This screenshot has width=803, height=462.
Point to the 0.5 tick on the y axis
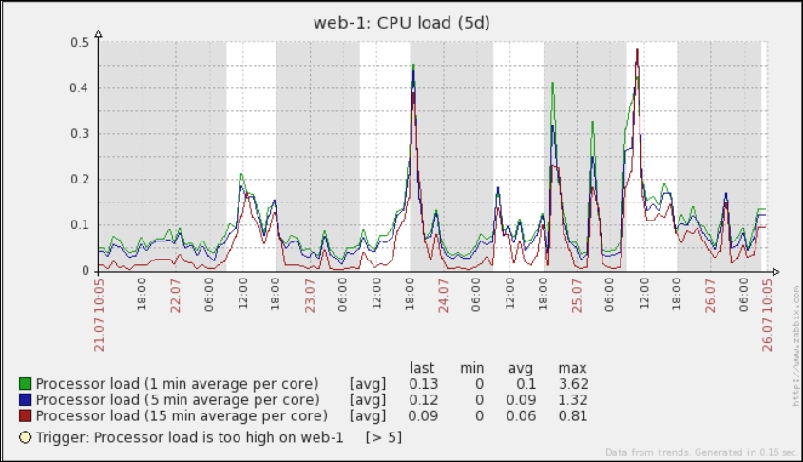pos(81,42)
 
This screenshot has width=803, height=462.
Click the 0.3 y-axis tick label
pos(81,134)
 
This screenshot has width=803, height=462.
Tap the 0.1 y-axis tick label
pos(81,225)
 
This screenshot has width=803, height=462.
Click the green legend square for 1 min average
pos(26,384)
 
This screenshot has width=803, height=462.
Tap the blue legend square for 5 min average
pos(26,400)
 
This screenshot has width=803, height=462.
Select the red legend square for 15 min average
pos(26,416)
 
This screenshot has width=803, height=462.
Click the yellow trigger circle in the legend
pos(26,437)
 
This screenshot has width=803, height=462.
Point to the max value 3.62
pos(573,384)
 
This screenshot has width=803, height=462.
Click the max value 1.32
pos(573,400)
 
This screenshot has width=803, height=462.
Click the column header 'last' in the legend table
pos(422,368)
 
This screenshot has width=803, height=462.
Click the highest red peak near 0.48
pos(637,50)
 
